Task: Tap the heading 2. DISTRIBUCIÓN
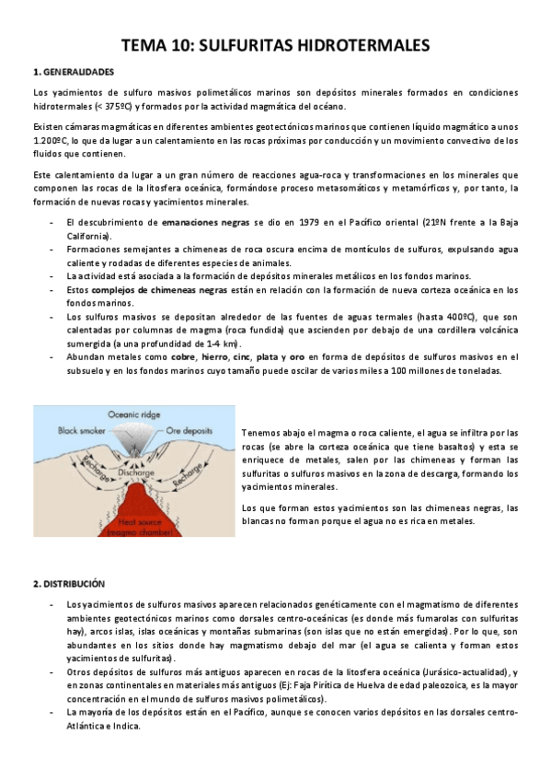[x=68, y=583]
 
